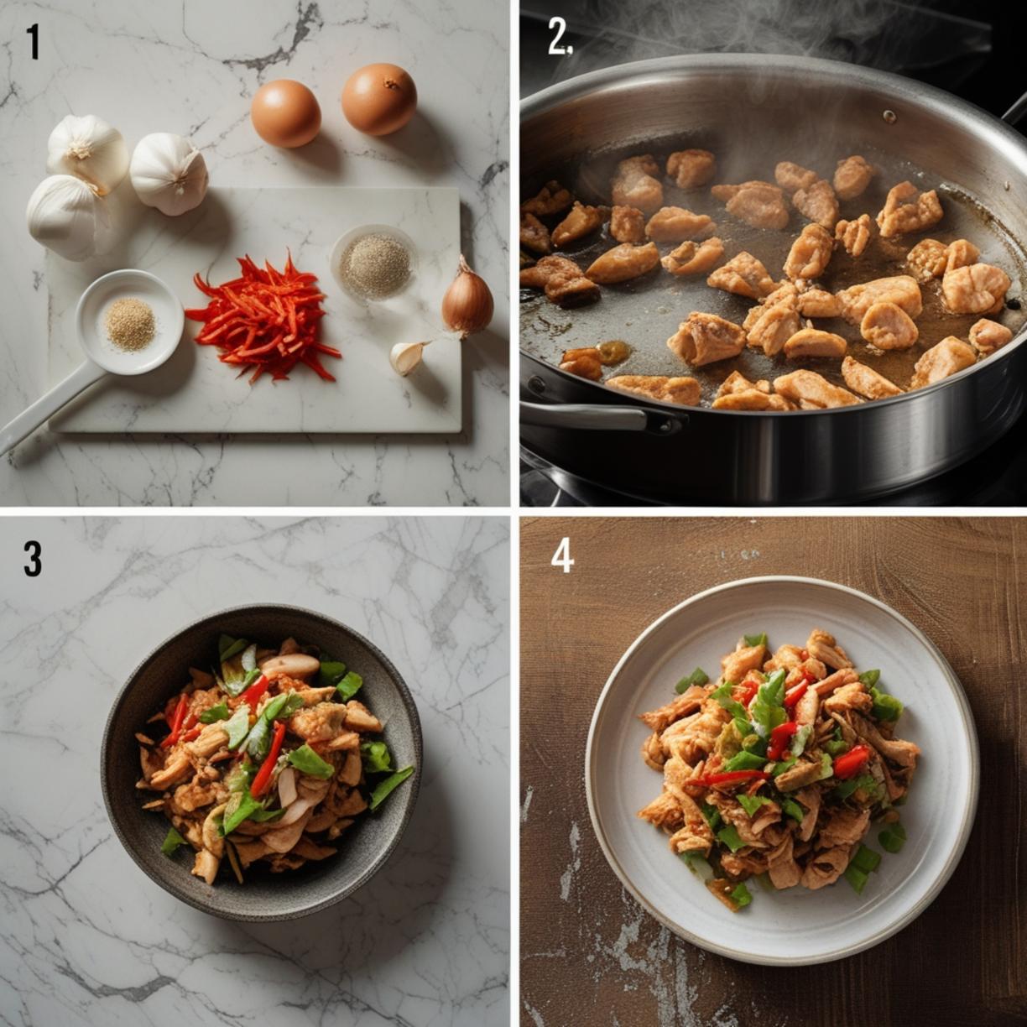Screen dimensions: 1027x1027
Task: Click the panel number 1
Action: pyautogui.click(x=34, y=42)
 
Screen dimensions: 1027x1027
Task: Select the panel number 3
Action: pyautogui.click(x=33, y=559)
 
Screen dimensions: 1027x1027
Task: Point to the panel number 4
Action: pyautogui.click(x=561, y=556)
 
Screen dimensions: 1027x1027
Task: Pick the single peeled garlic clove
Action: pyautogui.click(x=407, y=357)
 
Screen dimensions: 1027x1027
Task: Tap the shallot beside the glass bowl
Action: pyautogui.click(x=467, y=300)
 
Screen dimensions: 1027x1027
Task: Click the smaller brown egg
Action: pyautogui.click(x=285, y=113)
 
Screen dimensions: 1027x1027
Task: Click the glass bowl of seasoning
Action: pyautogui.click(x=373, y=263)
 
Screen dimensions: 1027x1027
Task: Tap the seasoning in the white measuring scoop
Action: pyautogui.click(x=131, y=324)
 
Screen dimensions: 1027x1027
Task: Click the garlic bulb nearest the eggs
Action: pyautogui.click(x=169, y=174)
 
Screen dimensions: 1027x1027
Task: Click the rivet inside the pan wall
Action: pyautogui.click(x=889, y=115)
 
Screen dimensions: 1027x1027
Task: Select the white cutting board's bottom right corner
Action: pyautogui.click(x=461, y=431)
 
